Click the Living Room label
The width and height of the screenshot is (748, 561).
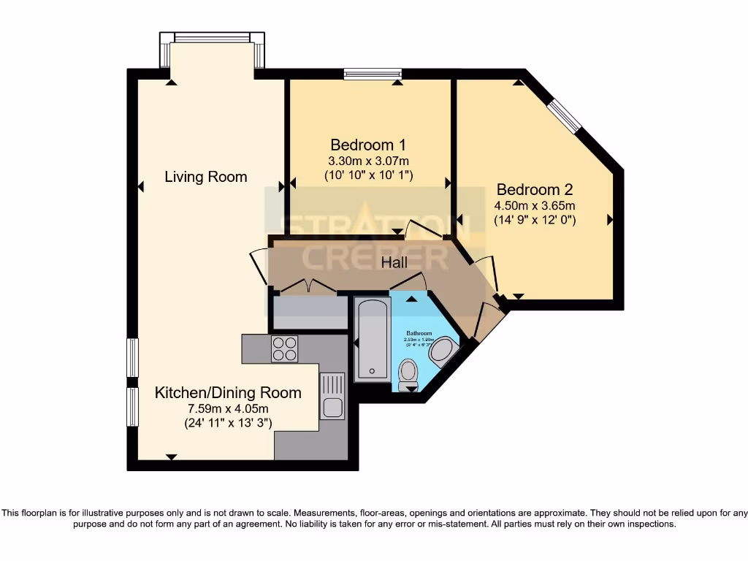(205, 177)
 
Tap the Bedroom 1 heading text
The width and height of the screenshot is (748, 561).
(368, 144)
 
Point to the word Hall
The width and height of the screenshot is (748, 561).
(394, 262)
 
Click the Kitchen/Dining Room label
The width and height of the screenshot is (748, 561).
(228, 393)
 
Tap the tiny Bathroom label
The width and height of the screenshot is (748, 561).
(420, 333)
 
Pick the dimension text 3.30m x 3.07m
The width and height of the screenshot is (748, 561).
(368, 160)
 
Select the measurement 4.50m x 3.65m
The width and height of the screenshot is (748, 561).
(535, 205)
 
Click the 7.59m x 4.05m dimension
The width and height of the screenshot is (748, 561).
(228, 408)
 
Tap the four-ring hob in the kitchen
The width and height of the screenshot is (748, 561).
(284, 348)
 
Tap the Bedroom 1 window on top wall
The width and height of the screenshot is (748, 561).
(373, 73)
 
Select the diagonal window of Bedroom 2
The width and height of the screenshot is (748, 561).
(565, 115)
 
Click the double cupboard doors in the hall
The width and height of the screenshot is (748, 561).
(305, 286)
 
